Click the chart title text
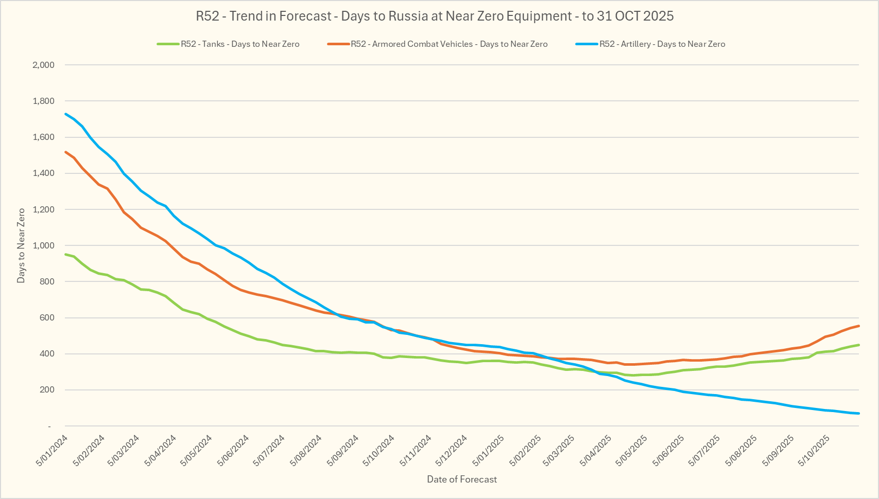pos(435,16)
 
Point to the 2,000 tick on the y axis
pos(43,65)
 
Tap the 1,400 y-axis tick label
pos(43,173)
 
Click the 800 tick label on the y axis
pos(47,282)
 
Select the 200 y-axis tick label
pos(47,390)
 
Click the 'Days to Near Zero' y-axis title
pos(21,245)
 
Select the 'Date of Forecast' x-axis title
pos(462,479)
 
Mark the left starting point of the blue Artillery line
pos(65,114)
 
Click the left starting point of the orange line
pos(65,152)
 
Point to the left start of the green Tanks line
pos(65,254)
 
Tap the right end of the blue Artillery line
pos(859,414)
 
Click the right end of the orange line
pos(859,326)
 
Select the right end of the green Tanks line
pos(859,345)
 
